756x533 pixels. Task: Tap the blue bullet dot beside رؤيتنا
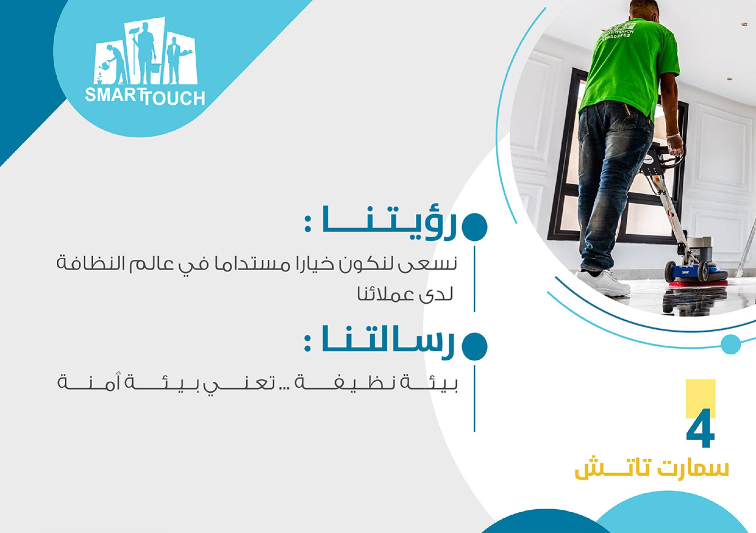[475, 227]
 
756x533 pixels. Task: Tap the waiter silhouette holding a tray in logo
[174, 64]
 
